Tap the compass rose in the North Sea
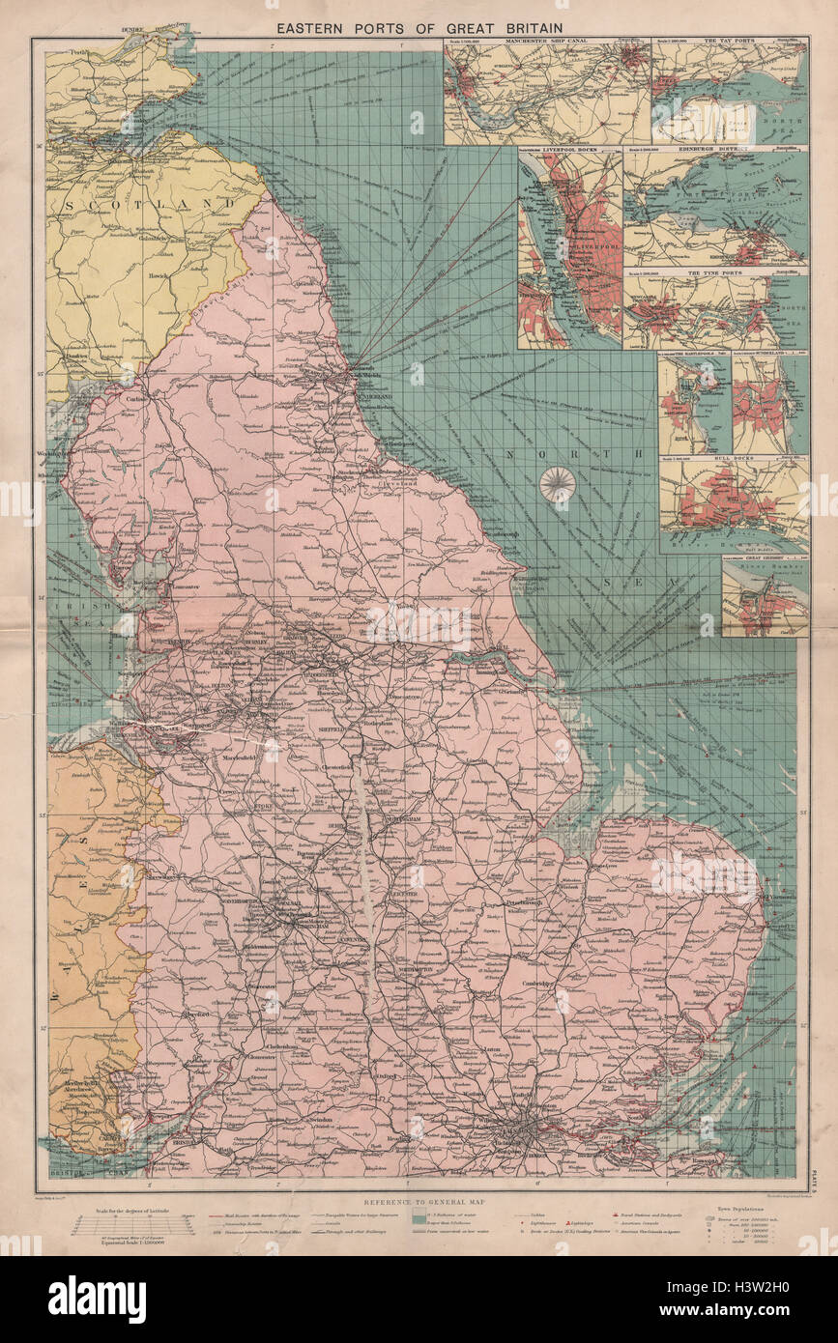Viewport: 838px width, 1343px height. [x=557, y=484]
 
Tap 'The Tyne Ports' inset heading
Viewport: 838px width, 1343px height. [x=715, y=274]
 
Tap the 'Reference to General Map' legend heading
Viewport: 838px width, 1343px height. [x=419, y=1192]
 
